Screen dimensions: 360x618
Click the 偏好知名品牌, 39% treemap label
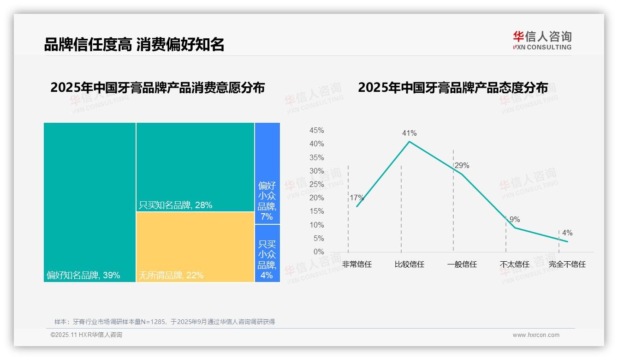tap(83, 276)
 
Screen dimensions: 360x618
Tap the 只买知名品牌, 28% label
tap(176, 205)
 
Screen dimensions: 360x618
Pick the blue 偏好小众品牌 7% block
tap(267, 173)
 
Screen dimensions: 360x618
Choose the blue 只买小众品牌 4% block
tap(267, 253)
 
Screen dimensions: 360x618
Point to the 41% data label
tap(409, 133)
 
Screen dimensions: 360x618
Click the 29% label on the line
tap(462, 165)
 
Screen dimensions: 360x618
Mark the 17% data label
tap(357, 198)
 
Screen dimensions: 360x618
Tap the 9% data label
tap(515, 220)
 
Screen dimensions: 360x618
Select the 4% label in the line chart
tap(567, 233)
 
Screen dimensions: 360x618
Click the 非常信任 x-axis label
tap(357, 264)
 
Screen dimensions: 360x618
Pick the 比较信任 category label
tap(409, 264)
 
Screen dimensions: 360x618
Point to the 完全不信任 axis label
tap(567, 264)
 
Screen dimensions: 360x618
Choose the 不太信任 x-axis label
tap(514, 264)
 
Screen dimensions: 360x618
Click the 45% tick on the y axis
tap(316, 131)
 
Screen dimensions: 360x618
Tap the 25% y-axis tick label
tap(316, 185)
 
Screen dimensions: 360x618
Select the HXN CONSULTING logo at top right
tap(542, 41)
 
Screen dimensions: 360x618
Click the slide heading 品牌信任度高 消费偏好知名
tap(134, 45)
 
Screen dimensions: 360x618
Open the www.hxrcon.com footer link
tap(536, 335)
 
